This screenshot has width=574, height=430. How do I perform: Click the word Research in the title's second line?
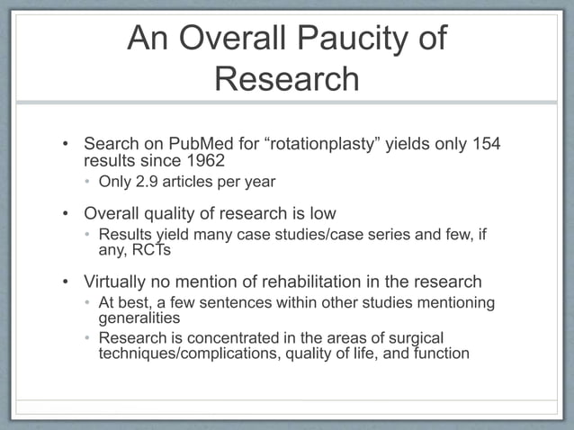pyautogui.click(x=287, y=79)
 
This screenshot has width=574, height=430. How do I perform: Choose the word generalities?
pyautogui.click(x=139, y=318)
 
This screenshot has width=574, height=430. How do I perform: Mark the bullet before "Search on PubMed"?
pyautogui.click(x=65, y=145)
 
